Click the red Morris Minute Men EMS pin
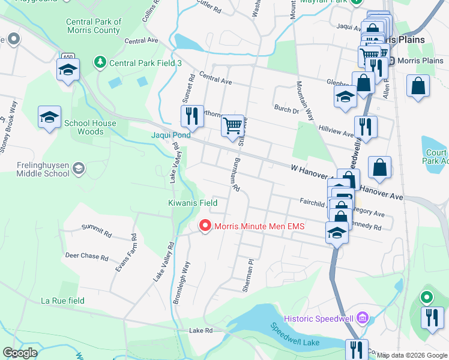(205, 226)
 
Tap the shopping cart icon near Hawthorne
(232, 127)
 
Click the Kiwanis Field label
(192, 203)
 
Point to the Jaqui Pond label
(170, 135)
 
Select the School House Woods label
(90, 127)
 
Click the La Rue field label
(62, 301)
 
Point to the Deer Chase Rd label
(86, 257)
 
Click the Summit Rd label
(96, 230)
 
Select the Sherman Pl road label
(249, 275)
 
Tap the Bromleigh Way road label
(182, 282)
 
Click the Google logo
(20, 353)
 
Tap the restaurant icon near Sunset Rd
(191, 116)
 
